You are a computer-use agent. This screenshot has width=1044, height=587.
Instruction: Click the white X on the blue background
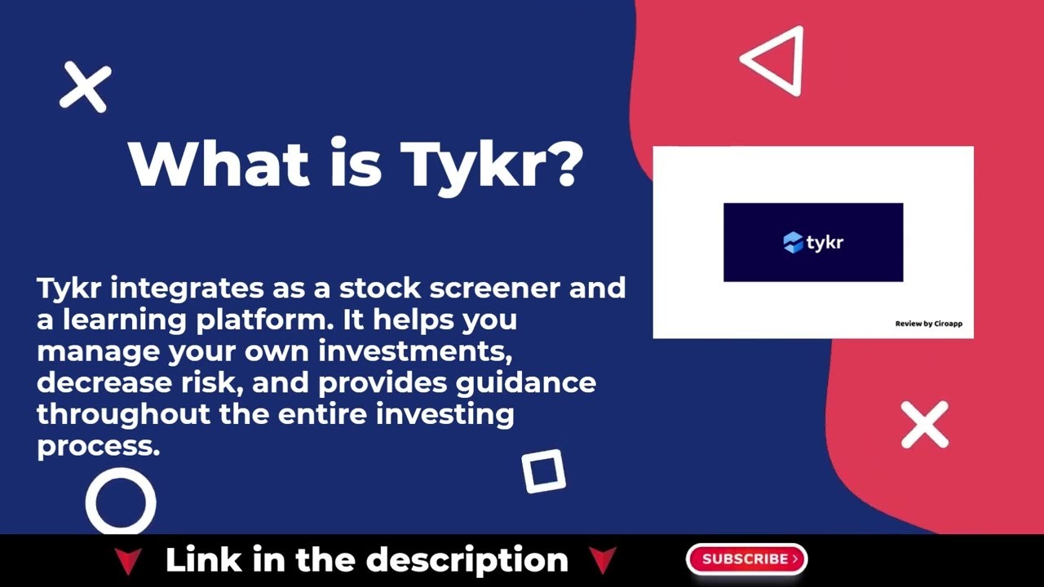coord(85,86)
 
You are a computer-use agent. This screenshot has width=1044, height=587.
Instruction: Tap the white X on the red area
coord(924,425)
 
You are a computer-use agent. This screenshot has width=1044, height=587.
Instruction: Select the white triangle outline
coord(775,61)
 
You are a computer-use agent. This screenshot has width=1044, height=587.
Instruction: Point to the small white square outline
coord(543,471)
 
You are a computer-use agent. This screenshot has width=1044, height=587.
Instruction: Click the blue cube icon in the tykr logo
coord(793,242)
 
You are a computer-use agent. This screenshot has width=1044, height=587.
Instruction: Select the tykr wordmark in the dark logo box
coord(825,242)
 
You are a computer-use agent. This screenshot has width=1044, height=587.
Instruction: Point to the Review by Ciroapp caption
coord(928,324)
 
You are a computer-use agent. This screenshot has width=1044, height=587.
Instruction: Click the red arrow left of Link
coord(128,561)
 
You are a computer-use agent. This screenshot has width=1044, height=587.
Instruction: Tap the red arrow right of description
coord(602,561)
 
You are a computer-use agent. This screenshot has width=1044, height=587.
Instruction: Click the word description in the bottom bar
coord(467,561)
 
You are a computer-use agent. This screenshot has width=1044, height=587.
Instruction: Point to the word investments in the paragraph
coord(416,351)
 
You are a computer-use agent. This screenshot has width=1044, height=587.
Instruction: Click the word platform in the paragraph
coord(264,320)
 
